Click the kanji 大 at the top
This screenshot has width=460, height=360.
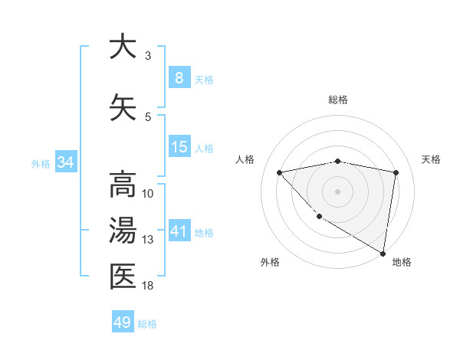pyautogui.click(x=122, y=47)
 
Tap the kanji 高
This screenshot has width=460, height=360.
pyautogui.click(x=122, y=185)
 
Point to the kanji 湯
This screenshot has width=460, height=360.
pyautogui.click(x=122, y=231)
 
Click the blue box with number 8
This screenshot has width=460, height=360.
pyautogui.click(x=179, y=78)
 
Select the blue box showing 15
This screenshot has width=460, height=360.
pyautogui.click(x=179, y=147)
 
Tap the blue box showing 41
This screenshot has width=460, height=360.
pyautogui.click(x=179, y=231)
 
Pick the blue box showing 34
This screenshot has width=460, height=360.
pyautogui.click(x=65, y=162)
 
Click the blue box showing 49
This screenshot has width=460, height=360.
pyautogui.click(x=122, y=322)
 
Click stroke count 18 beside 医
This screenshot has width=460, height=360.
pyautogui.click(x=148, y=286)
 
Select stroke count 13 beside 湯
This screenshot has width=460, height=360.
pyautogui.click(x=148, y=240)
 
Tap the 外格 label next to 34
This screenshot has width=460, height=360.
pyautogui.click(x=41, y=163)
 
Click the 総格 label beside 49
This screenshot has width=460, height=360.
pyautogui.click(x=147, y=324)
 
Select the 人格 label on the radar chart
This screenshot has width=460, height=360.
pyautogui.click(x=245, y=159)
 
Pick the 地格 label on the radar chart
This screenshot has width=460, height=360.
pyautogui.click(x=402, y=262)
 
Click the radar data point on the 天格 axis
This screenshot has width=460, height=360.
pyautogui.click(x=396, y=172)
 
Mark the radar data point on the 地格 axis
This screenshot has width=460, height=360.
pyautogui.click(x=383, y=253)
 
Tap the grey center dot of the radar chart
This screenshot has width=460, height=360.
pyautogui.click(x=337, y=191)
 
